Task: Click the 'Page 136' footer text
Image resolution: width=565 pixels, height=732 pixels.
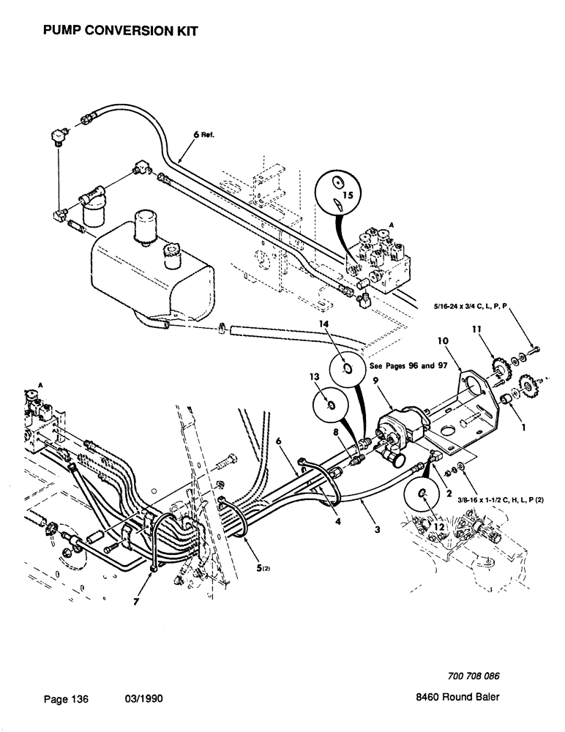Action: tap(66, 700)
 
